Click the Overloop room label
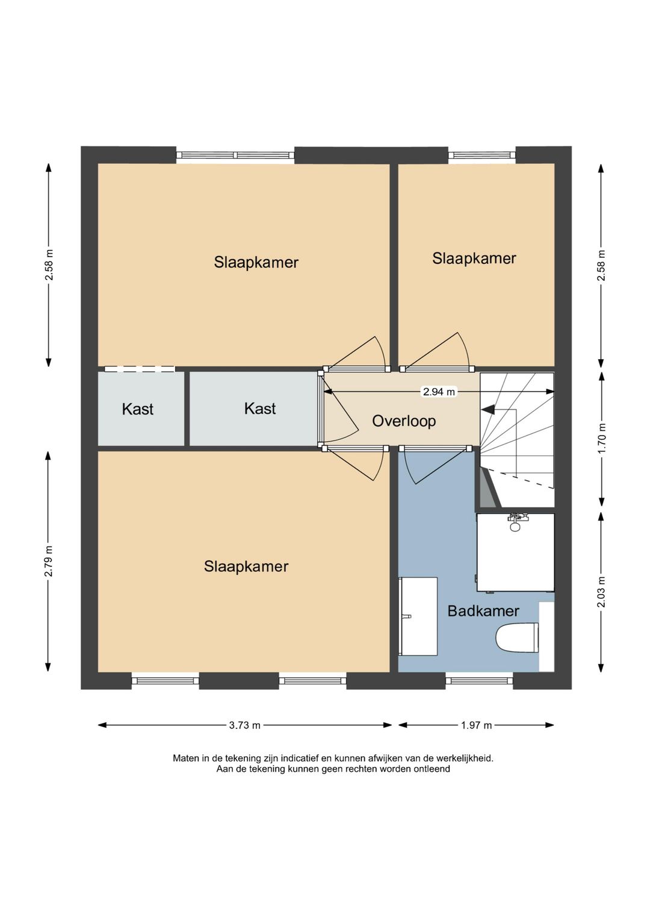[404, 421]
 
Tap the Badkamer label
[483, 611]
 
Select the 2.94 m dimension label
[439, 392]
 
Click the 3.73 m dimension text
[244, 725]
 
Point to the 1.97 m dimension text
[476, 725]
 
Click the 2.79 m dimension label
[49, 562]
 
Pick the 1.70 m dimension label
[602, 439]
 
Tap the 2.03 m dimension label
[602, 592]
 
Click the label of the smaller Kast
[137, 409]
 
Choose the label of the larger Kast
[260, 408]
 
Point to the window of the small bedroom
[481, 155]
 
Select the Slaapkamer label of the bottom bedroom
[246, 567]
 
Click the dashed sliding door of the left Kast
[140, 369]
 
